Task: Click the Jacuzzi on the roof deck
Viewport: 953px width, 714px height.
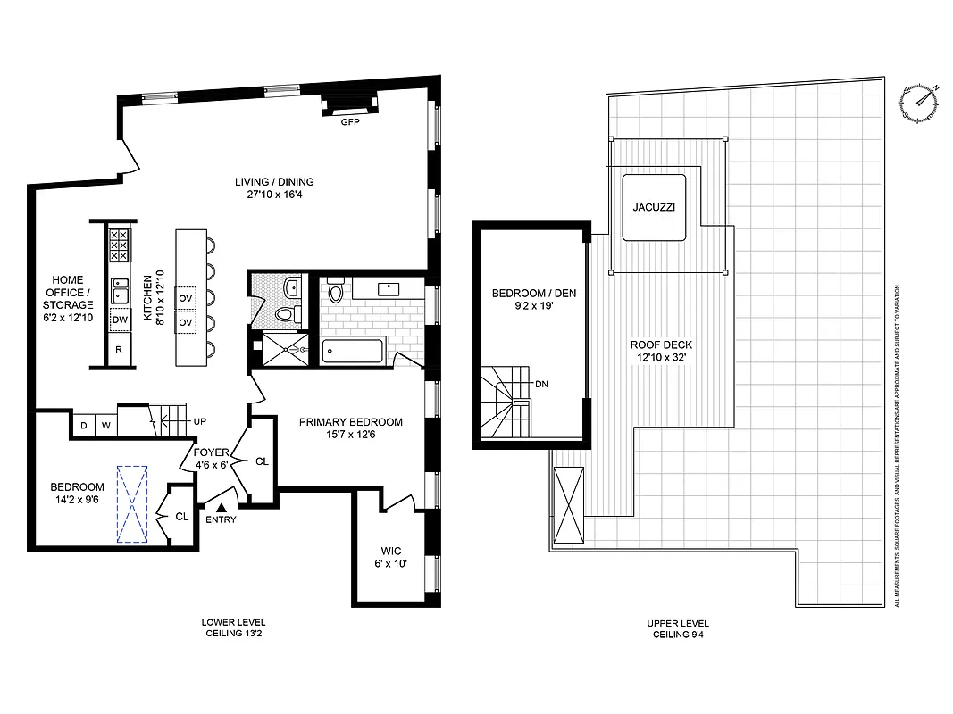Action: point(654,206)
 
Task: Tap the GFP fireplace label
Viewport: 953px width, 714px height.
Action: point(348,122)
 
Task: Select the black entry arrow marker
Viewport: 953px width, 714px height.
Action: point(211,507)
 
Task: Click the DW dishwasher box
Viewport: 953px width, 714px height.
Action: point(119,320)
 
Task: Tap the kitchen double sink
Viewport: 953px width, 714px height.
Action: point(119,289)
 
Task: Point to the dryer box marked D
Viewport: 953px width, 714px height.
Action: point(84,426)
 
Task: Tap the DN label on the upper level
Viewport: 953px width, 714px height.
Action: point(541,385)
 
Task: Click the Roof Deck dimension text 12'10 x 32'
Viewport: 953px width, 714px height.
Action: point(660,358)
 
